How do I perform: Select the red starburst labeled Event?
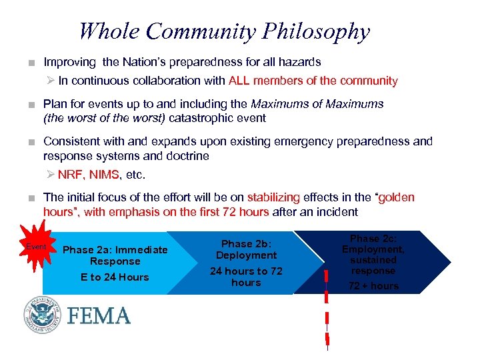click(35, 247)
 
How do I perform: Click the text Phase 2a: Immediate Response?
click(115, 255)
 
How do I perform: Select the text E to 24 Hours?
click(115, 277)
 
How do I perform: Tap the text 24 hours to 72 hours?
click(246, 277)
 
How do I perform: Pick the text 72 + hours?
click(374, 286)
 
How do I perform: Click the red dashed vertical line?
click(327, 307)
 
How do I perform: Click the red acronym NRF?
click(70, 175)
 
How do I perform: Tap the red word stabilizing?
click(271, 197)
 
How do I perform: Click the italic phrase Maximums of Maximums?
click(317, 103)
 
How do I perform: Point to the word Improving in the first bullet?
click(70, 62)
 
